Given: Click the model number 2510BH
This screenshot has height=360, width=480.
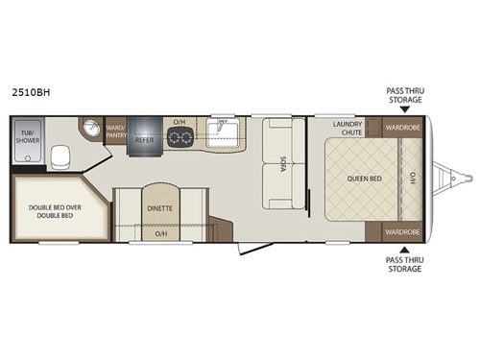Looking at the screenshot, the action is pyautogui.click(x=31, y=92).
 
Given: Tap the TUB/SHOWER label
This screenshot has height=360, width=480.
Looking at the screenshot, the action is pyautogui.click(x=28, y=136).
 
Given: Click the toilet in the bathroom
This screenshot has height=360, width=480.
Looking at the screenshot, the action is pyautogui.click(x=60, y=157).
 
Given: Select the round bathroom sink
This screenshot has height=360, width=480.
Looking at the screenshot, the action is pyautogui.click(x=91, y=128).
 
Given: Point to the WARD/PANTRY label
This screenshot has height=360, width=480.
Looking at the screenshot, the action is pyautogui.click(x=116, y=132).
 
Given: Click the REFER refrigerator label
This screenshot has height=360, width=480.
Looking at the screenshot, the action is pyautogui.click(x=144, y=140).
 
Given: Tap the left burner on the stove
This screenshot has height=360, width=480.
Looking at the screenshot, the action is pyautogui.click(x=175, y=137).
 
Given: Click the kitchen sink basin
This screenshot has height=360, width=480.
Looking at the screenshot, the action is pyautogui.click(x=223, y=133).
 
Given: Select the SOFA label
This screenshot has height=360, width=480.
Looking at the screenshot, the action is pyautogui.click(x=282, y=163).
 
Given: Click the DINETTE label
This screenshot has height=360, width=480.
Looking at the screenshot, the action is pyautogui.click(x=159, y=208).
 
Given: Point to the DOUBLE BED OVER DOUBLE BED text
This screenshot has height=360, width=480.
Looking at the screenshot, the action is pyautogui.click(x=55, y=211).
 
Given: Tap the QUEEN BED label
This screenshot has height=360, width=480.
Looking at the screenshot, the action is pyautogui.click(x=365, y=179).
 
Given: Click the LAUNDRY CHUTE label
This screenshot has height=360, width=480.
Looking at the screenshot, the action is pyautogui.click(x=348, y=128).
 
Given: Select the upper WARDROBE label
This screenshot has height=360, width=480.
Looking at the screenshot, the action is pyautogui.click(x=402, y=128).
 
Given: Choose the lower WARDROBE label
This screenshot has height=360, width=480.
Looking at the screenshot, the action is pyautogui.click(x=402, y=232).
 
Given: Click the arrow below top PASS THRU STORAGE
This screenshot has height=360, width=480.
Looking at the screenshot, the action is pyautogui.click(x=405, y=109).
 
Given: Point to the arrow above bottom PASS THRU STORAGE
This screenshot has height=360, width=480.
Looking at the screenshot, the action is pyautogui.click(x=405, y=250).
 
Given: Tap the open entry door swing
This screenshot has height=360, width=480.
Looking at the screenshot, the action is pyautogui.click(x=255, y=249).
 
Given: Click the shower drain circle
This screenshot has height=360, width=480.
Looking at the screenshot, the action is pyautogui.click(x=28, y=158).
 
